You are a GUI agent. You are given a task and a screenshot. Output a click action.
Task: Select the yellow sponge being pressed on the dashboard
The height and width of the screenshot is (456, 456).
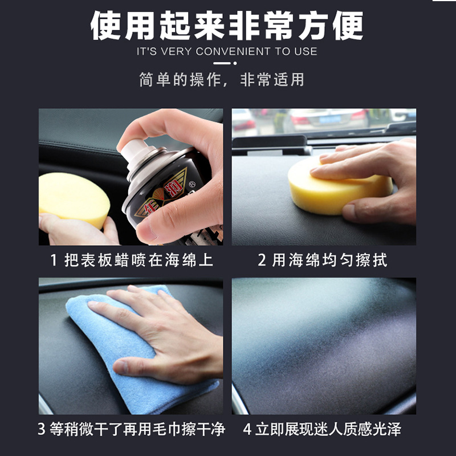pos(339,186)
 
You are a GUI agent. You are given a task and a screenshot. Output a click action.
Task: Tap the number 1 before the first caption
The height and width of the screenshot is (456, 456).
pos(54,260)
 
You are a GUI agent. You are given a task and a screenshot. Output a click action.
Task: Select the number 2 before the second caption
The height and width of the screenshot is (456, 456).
pos(262,260)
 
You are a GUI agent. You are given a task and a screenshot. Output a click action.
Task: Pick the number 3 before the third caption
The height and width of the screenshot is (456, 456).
pos(42,429)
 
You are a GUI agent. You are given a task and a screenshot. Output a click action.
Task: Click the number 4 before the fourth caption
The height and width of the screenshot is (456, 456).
pos(247,429)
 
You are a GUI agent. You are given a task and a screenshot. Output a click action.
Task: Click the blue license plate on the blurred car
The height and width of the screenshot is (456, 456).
pos(329,119)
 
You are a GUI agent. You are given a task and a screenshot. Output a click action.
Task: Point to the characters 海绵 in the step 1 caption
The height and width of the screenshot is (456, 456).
pos(181,260)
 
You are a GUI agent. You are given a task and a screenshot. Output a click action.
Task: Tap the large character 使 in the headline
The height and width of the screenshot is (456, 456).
pos(105,26)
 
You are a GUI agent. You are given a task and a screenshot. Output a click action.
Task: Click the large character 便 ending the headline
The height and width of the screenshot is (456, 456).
pos(348,26)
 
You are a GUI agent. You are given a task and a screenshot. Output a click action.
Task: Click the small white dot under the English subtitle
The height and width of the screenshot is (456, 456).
pos(235,63)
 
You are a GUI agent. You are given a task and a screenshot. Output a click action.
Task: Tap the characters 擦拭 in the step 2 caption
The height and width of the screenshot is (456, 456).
pos(372,260)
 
